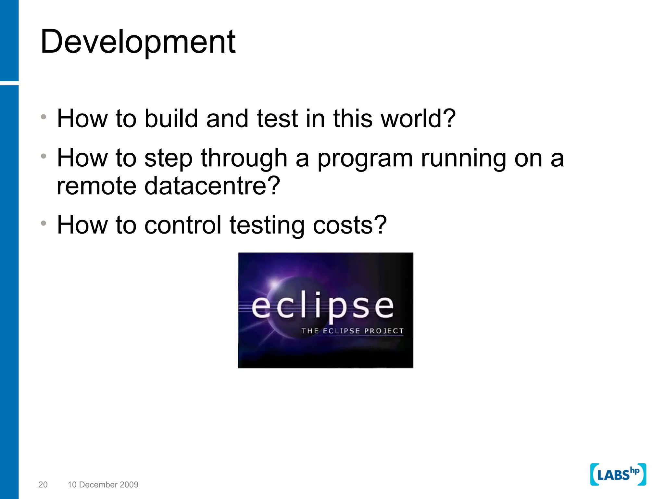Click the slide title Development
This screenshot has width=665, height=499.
click(x=138, y=42)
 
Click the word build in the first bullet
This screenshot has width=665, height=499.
click(x=171, y=119)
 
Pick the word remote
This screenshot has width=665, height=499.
click(x=96, y=186)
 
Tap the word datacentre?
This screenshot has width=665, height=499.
click(x=212, y=186)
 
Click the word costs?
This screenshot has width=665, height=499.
click(x=350, y=225)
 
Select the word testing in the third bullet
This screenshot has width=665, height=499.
click(x=267, y=225)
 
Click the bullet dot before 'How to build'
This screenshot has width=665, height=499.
click(x=44, y=117)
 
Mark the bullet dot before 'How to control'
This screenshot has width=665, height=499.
click(x=44, y=223)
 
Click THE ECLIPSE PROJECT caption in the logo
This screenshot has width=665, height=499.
click(x=352, y=331)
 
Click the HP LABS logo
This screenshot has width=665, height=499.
click(x=618, y=475)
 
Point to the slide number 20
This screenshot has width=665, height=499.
click(x=43, y=485)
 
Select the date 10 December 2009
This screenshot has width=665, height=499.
click(x=103, y=485)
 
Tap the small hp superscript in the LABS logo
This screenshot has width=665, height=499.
click(x=634, y=471)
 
